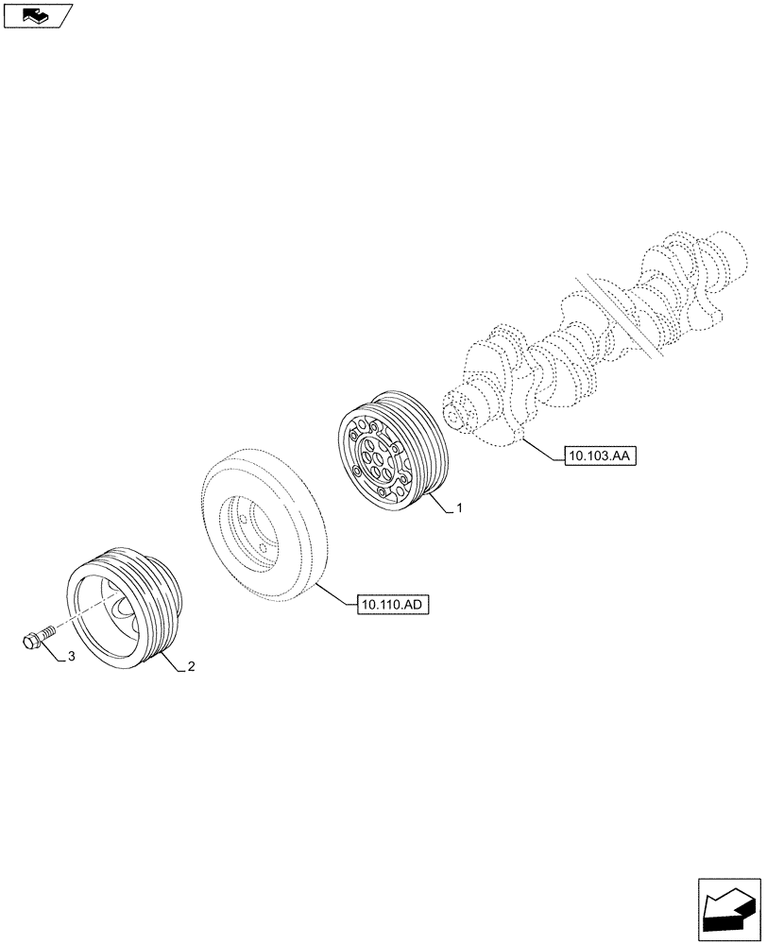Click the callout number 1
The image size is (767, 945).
pyautogui.click(x=459, y=508)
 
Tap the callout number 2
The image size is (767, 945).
pyautogui.click(x=191, y=666)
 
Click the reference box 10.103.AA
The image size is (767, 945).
pyautogui.click(x=602, y=456)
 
